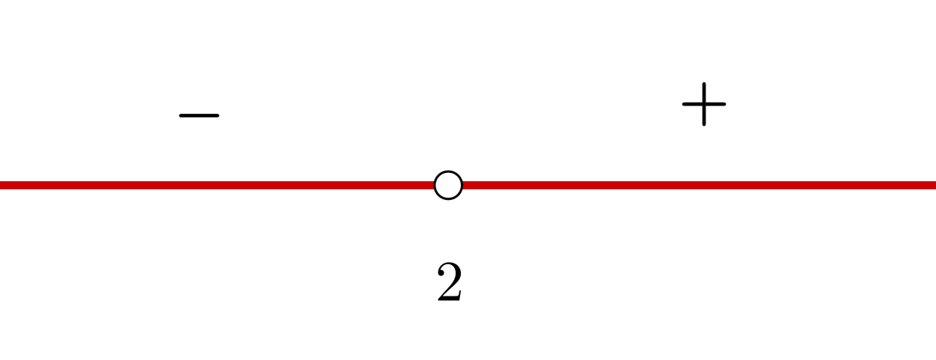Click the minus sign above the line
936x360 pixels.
(199, 115)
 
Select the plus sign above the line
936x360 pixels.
(704, 103)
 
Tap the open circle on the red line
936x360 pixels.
(448, 185)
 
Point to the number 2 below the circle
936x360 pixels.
(449, 283)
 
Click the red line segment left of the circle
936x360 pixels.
(217, 185)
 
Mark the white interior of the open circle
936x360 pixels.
(448, 185)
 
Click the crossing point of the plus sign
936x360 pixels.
(704, 103)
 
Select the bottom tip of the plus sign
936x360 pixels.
(704, 124)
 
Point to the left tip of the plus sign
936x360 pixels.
(684, 103)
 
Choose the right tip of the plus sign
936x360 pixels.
(725, 103)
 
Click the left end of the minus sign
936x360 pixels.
(180, 115)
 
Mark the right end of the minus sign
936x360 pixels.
(218, 115)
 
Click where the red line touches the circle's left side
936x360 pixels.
(434, 185)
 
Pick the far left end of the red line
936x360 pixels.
(2, 185)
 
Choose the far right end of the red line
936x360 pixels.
(933, 185)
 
